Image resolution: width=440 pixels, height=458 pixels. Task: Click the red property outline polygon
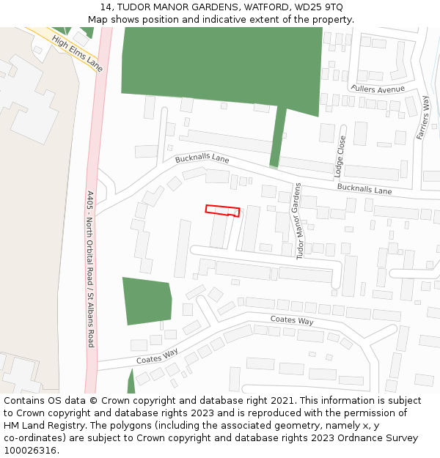[222, 210]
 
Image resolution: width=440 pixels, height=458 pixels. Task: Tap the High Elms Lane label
[77, 53]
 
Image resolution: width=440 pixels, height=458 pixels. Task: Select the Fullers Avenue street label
[378, 89]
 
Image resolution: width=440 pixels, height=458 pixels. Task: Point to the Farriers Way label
[423, 117]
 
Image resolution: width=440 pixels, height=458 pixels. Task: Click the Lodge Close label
[340, 156]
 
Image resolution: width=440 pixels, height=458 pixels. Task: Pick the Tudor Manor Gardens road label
[298, 221]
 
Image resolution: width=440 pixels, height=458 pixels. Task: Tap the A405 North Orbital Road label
[91, 269]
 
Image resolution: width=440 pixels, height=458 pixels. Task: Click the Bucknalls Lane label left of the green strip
[202, 158]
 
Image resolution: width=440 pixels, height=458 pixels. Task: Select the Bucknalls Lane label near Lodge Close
[364, 189]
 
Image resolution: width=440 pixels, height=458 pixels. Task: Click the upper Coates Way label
[292, 320]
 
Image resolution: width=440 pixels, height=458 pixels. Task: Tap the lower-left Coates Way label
[157, 356]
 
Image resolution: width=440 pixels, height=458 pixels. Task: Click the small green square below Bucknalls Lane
[147, 300]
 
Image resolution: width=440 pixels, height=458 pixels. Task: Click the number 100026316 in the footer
[29, 450]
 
